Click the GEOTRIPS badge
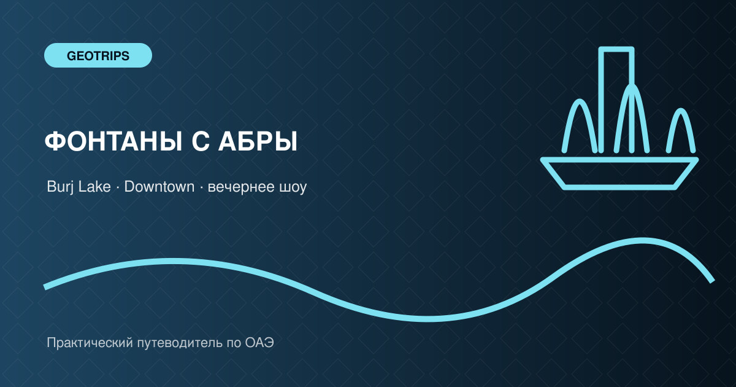98,55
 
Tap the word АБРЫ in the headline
258,141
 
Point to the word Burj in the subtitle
60,187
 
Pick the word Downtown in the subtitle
159,187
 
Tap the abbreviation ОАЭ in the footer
259,343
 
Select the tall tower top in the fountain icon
616,49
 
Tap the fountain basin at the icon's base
619,174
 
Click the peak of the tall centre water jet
631,85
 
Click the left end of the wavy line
45,287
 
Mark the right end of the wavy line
712,281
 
